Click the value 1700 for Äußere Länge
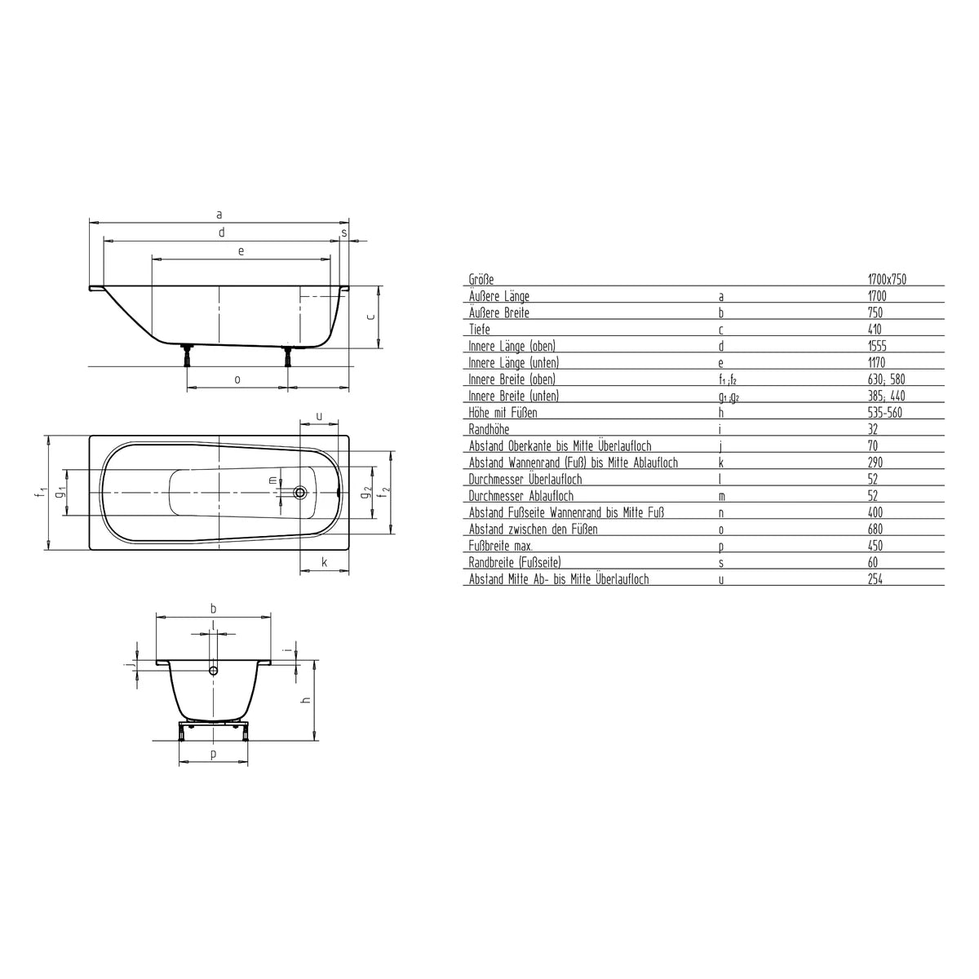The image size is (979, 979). coord(877,295)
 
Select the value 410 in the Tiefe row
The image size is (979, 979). coord(875,330)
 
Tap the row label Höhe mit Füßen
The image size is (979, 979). coord(503,413)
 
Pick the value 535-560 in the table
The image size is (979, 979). coord(885,413)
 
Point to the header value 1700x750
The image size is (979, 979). coord(887,279)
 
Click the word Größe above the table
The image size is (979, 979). coord(481,279)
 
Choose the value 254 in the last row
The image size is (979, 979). coord(875,579)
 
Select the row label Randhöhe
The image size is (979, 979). coord(489,429)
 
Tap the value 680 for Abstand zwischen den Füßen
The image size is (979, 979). coord(875,529)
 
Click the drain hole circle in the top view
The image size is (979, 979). coord(299,492)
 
